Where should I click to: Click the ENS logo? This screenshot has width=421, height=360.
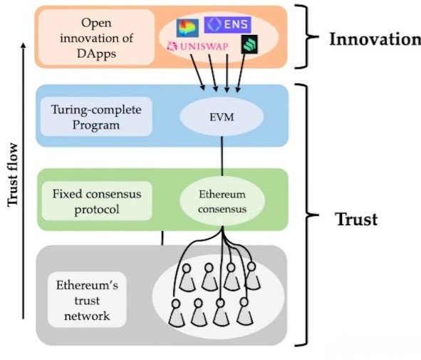point(227,25)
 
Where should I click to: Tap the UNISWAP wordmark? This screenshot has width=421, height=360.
point(198,46)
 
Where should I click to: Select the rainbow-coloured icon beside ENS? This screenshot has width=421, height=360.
point(187,28)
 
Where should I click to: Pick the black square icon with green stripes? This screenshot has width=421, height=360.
point(249,44)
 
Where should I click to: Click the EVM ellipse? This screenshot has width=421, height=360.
point(222,117)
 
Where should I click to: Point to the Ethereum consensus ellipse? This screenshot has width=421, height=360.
point(222,202)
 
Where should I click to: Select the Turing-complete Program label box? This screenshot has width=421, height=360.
point(96,117)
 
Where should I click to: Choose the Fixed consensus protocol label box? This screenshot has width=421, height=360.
point(97,201)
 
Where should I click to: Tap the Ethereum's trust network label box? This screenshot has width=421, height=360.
point(87,300)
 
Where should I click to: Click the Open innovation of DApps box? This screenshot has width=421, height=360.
point(96,38)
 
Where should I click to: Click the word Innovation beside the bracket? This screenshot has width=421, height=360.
point(375,39)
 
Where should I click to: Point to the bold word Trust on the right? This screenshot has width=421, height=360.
point(357,220)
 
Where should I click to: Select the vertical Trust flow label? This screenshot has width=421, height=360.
point(13,175)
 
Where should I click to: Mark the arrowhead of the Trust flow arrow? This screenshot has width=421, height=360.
point(24,45)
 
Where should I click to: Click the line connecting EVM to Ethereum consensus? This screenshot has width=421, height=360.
point(222,156)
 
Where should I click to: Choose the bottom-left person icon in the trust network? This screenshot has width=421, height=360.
point(177,313)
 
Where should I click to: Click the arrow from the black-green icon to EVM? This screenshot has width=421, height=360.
point(241,73)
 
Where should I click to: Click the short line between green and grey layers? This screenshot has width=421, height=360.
point(162,238)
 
